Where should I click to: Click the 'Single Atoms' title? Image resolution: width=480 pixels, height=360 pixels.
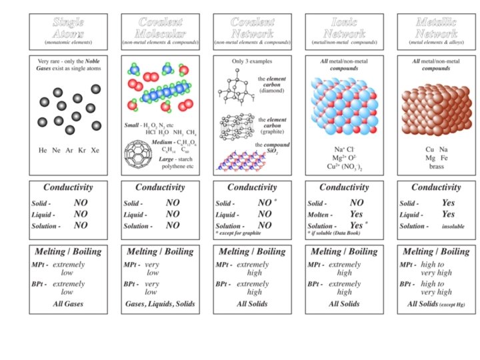click(x=69, y=27)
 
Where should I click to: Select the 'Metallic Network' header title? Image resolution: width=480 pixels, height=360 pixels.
click(x=435, y=27)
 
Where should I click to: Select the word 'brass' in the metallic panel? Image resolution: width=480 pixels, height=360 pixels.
click(x=436, y=167)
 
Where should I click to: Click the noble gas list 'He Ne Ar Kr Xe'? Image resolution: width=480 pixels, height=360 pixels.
click(x=69, y=150)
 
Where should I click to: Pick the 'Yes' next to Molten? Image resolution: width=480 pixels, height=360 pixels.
click(x=356, y=214)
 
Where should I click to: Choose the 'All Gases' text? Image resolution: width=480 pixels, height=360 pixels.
click(x=69, y=303)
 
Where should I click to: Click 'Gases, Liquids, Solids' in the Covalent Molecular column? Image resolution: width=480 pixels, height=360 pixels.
click(x=161, y=303)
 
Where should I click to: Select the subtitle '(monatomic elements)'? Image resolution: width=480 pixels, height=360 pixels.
click(x=69, y=43)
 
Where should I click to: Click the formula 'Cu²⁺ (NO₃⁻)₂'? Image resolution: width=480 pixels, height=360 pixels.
click(x=345, y=167)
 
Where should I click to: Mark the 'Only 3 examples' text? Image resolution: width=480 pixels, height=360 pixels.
click(x=252, y=62)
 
